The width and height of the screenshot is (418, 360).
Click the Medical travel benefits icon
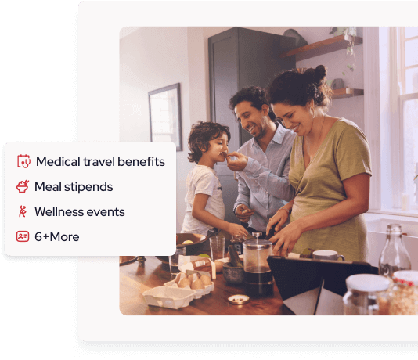[23, 161]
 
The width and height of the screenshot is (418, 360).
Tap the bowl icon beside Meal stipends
[23, 186]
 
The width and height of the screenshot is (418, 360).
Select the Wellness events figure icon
[23, 211]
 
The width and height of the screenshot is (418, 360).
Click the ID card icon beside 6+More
[23, 236]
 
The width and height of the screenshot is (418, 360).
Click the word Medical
[58, 161]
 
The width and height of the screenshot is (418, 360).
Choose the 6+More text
[57, 237]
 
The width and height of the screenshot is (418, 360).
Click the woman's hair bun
[319, 73]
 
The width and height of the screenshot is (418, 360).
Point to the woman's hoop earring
[312, 112]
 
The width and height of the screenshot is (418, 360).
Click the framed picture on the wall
[165, 116]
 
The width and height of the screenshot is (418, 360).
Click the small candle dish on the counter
[239, 300]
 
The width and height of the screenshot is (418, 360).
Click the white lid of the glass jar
[368, 283]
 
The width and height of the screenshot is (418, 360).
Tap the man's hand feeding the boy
[237, 161]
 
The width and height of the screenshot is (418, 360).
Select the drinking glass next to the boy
[218, 248]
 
